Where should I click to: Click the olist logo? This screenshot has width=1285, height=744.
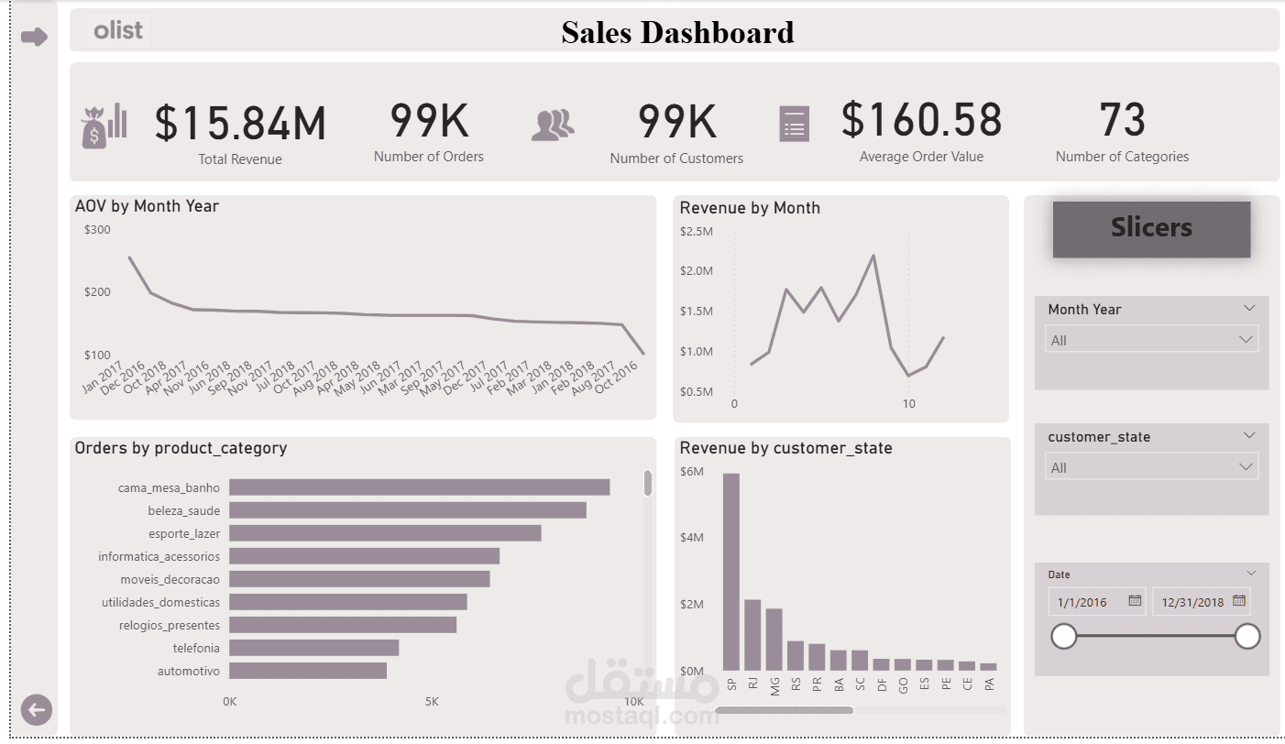117,30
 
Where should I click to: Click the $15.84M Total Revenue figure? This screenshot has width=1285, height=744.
240,123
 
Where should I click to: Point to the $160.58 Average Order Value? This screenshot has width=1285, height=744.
921,120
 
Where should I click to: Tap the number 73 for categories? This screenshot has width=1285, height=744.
1122,120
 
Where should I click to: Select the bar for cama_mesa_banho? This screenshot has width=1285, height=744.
420,487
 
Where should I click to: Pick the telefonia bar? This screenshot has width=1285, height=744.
313,648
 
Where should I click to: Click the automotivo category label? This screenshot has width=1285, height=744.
189,671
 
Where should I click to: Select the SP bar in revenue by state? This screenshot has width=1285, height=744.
730,572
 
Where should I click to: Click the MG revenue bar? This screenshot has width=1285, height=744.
774,640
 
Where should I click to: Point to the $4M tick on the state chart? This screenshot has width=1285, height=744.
691,538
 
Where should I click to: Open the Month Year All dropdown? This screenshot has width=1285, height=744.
1151,340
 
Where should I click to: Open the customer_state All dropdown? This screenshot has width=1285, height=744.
1151,467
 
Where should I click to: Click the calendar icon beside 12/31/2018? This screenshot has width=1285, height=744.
1239,600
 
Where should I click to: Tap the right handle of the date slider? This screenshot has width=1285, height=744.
1247,637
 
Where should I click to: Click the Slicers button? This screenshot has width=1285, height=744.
1151,228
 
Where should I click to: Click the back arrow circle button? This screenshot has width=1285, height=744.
36,710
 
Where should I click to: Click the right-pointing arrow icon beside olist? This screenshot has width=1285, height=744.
35,38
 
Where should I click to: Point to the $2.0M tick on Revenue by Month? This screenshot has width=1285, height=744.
697,271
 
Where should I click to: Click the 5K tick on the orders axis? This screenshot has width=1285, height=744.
432,702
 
